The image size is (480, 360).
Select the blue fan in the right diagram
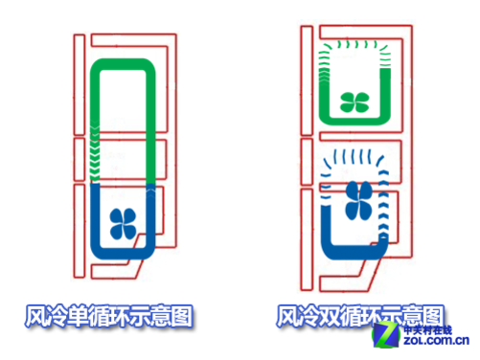click(x=355, y=201)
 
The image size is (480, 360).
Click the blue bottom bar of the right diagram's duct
click(x=354, y=255)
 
